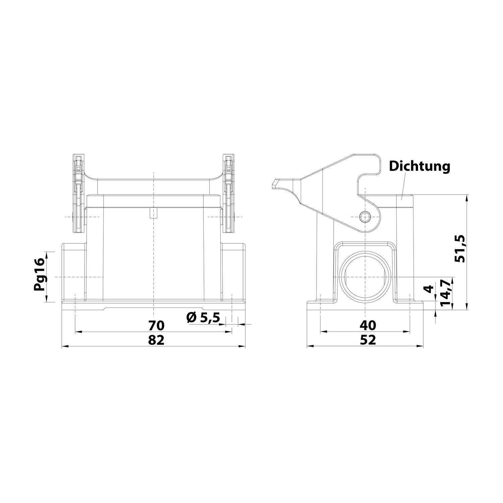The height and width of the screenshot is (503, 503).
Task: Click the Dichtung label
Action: click(419, 166)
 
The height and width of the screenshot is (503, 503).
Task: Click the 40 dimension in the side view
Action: click(368, 325)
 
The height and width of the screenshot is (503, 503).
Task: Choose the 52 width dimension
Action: click(368, 340)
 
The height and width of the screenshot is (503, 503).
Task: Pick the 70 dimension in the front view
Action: click(156, 325)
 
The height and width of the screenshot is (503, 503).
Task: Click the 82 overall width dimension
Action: click(156, 340)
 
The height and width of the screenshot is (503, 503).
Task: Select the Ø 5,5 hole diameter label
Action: click(203, 317)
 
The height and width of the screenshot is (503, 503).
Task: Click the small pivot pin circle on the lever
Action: click(365, 217)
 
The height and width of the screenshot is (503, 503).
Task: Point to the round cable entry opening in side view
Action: click(365, 277)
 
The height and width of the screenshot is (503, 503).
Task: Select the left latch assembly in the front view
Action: click(78, 193)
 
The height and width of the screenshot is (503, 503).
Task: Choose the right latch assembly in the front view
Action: click(229, 193)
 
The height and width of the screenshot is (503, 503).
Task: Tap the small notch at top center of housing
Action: click(153, 213)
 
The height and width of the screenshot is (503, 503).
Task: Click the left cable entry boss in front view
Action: click(74, 272)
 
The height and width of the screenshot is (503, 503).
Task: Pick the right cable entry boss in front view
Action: click(233, 272)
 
